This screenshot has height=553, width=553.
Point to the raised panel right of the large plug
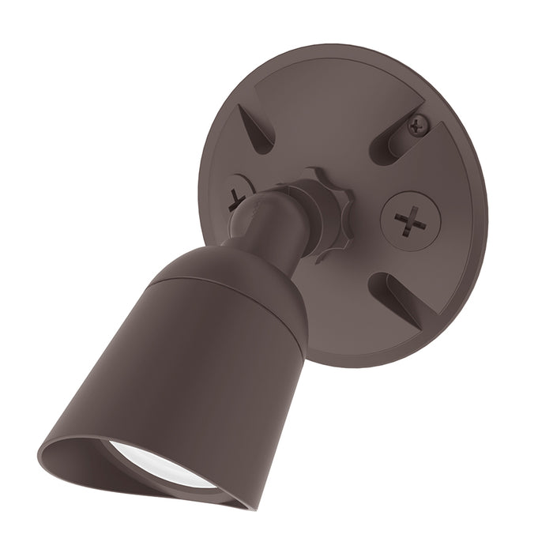click(458, 221)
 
